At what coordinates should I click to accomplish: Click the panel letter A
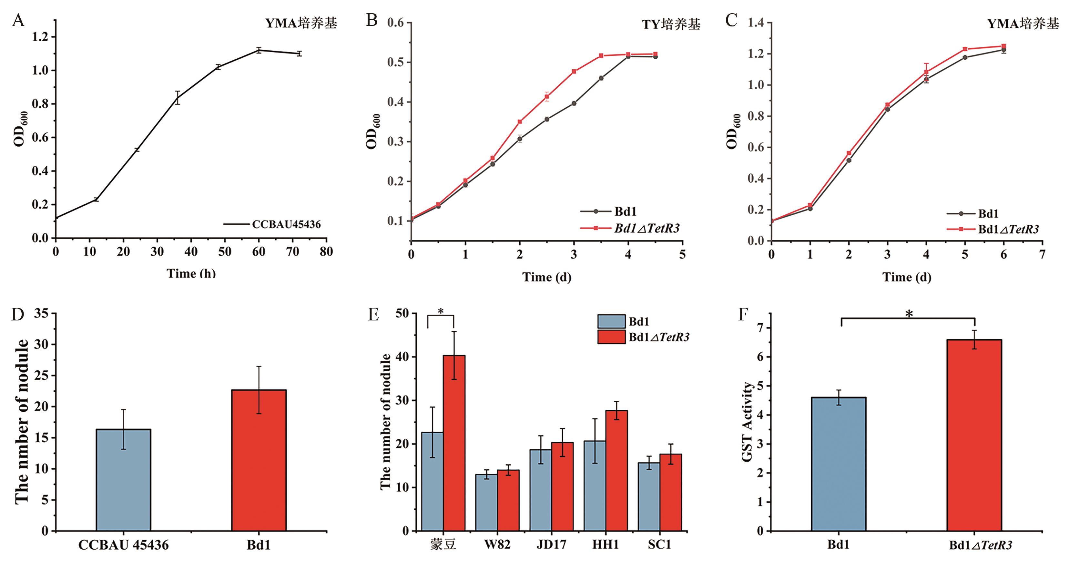[x=18, y=20]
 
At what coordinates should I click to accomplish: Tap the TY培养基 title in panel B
[x=671, y=24]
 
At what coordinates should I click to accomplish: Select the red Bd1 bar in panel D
[x=259, y=460]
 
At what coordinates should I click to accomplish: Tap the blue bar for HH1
[x=595, y=486]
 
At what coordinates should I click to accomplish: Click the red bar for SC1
[x=671, y=493]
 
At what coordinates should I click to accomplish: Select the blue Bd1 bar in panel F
[x=838, y=464]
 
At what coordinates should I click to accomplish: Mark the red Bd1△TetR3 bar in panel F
[x=974, y=435]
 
